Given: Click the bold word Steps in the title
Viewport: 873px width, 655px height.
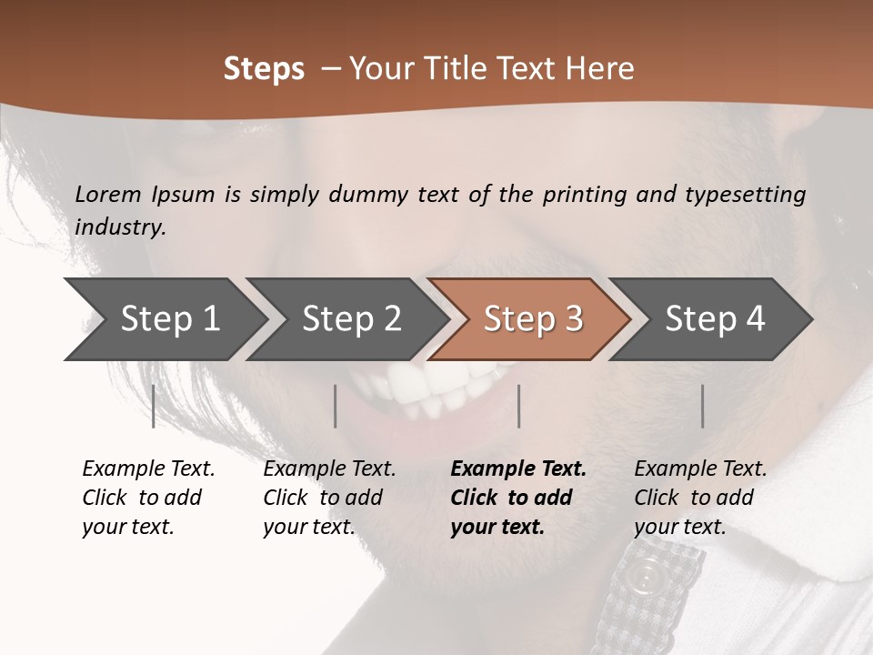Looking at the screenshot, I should point(264,69).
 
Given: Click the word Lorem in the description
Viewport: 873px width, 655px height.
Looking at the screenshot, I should point(107,195).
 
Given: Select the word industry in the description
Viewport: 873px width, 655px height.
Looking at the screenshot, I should point(119,227).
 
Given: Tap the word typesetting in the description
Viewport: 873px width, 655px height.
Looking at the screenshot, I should point(744,195).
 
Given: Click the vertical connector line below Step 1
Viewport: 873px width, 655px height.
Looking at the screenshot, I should point(154,406).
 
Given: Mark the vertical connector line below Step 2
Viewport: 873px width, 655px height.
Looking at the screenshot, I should point(336,406).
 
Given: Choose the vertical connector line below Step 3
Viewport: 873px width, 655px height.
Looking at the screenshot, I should point(518,406).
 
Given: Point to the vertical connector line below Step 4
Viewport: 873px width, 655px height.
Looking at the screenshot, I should point(702,406).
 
